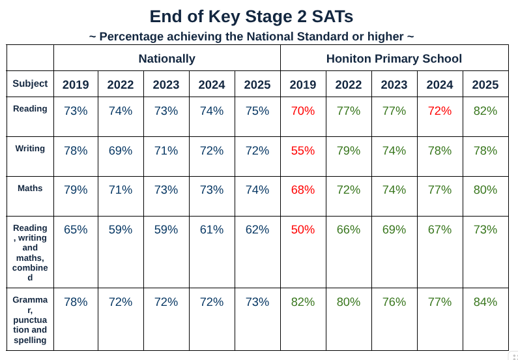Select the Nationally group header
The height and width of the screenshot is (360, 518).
point(167,59)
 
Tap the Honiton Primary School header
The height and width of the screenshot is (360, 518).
point(394,59)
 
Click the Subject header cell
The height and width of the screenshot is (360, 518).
point(30,83)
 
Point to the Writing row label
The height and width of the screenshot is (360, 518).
point(30,148)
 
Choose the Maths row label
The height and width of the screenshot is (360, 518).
point(30,188)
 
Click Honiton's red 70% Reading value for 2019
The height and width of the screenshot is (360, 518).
point(303,111)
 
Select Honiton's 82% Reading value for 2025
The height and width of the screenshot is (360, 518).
point(485,111)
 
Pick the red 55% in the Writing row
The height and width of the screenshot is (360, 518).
point(303,151)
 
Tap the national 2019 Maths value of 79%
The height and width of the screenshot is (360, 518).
point(76,190)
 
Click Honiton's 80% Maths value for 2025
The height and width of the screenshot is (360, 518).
point(485,190)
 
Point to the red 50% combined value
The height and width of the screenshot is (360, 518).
point(303,230)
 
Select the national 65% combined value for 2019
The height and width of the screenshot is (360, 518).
point(76,230)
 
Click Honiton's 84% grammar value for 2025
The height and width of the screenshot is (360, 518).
point(485,302)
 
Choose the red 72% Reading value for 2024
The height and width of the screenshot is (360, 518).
point(440,111)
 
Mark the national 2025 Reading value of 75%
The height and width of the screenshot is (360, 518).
point(257,111)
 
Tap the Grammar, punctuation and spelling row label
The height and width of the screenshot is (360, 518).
point(30,320)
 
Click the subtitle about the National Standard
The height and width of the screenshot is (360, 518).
point(252,37)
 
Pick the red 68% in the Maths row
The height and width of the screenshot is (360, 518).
point(303,190)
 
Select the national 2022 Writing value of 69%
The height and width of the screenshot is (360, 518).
point(121,151)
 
